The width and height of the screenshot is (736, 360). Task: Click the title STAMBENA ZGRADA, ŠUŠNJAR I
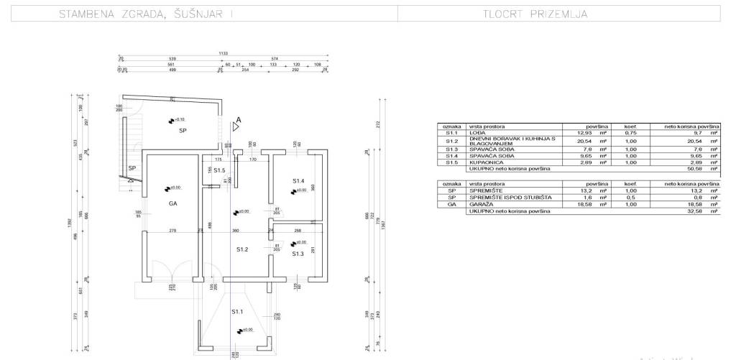[x=146, y=14]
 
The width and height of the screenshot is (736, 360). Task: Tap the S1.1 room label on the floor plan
[x=237, y=312]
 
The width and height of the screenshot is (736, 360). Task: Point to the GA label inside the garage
[x=172, y=203]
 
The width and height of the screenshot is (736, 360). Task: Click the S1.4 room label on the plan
[x=299, y=180]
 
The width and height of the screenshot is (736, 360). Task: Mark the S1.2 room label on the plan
[x=242, y=249]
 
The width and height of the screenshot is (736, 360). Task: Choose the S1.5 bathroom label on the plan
[x=219, y=170]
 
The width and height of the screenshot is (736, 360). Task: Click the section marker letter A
[x=239, y=120]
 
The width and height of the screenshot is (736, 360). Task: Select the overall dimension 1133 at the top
[x=223, y=54]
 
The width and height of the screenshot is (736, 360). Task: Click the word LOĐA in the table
[x=477, y=133]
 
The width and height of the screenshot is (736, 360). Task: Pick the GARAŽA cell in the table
[x=479, y=204]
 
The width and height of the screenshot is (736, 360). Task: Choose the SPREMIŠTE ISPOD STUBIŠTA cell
[x=510, y=198]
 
